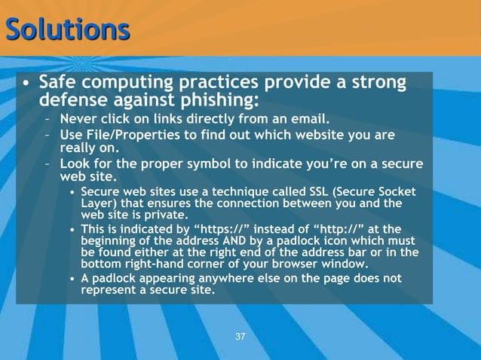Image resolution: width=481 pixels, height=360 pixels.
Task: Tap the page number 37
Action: pos(240,336)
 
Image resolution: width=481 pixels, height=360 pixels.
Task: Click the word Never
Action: pos(78,119)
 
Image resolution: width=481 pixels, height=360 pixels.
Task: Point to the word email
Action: pos(309,119)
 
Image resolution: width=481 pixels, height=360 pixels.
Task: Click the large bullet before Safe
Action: pos(26,82)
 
